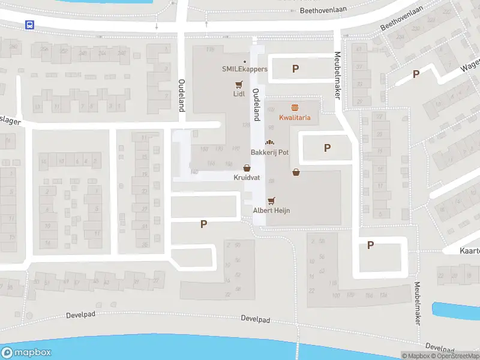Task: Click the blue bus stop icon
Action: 29,25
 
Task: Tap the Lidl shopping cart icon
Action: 239,85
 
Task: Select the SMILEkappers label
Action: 245,69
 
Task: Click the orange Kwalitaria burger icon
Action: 295,108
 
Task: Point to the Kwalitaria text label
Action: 295,118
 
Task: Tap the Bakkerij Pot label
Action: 269,152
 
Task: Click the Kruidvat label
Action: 247,178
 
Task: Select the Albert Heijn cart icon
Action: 271,200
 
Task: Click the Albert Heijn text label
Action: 271,210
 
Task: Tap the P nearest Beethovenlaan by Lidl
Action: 295,69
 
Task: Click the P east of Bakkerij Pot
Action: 327,148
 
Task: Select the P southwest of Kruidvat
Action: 203,224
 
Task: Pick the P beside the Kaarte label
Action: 370,245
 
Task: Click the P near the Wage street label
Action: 416,74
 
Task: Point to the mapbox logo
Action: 26,353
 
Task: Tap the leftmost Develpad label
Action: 82,314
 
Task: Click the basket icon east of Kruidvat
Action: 296,173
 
